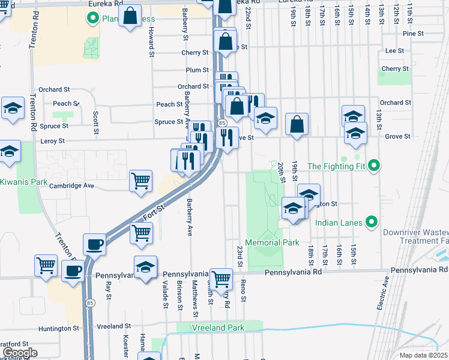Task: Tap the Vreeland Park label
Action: (218, 328)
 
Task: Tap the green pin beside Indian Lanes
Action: (372, 223)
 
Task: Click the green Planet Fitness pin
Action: (92, 19)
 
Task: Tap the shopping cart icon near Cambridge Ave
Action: (140, 181)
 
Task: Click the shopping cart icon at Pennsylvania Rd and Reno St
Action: (221, 278)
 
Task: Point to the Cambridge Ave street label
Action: (72, 186)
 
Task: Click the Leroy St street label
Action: (52, 141)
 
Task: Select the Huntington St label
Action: (59, 328)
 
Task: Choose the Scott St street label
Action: (95, 122)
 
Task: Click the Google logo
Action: (20, 353)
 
